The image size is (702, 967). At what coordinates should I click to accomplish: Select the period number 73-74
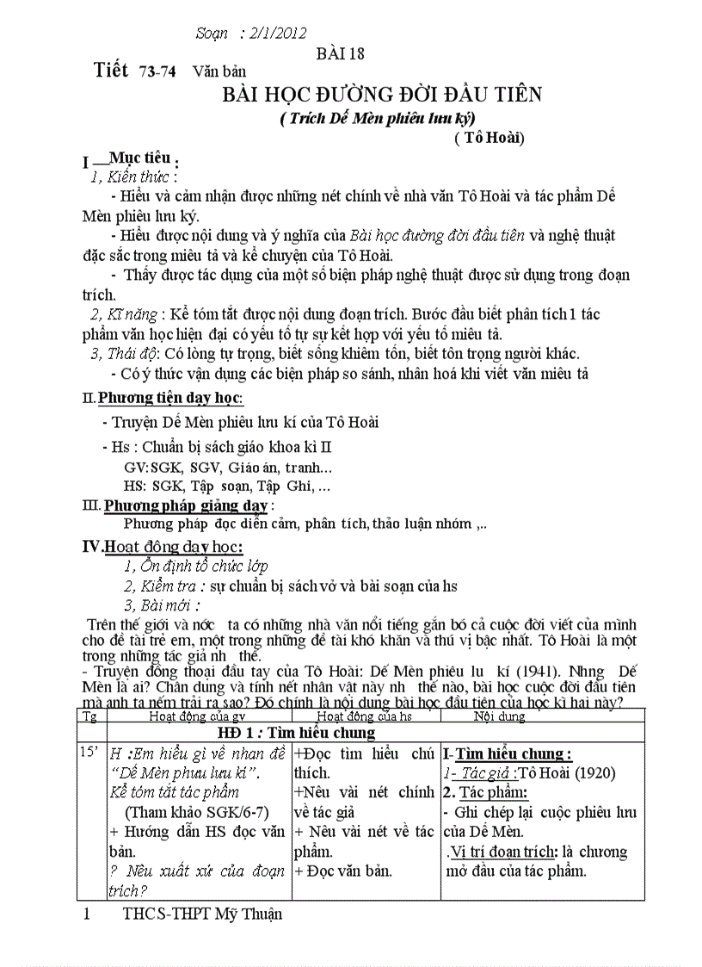[x=157, y=73]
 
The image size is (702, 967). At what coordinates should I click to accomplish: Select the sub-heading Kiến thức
[x=138, y=177]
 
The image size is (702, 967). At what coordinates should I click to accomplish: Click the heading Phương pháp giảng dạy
[x=186, y=505]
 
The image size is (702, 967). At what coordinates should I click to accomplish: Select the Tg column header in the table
[x=88, y=716]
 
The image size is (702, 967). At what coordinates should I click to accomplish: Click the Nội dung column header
[x=499, y=716]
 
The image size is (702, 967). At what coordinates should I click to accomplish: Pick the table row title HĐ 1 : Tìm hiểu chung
[x=296, y=733]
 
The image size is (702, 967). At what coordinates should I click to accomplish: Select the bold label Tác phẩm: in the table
[x=491, y=792]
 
